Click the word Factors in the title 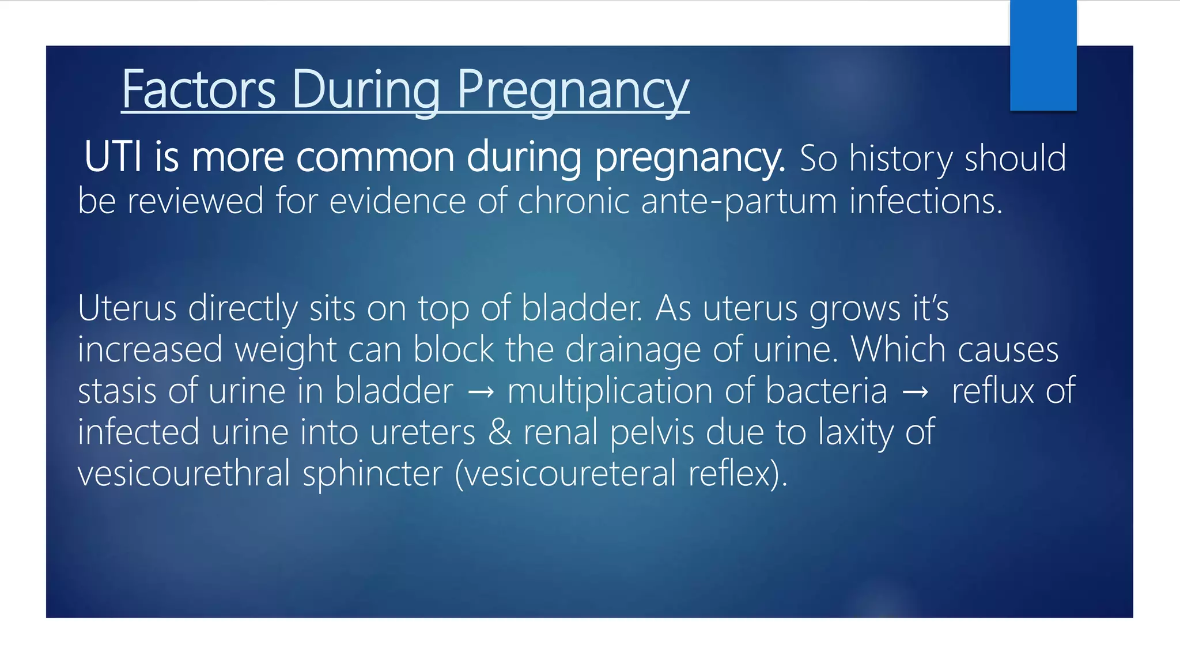[x=199, y=90]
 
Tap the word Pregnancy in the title [x=573, y=90]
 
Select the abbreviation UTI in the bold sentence [x=113, y=157]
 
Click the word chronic [x=573, y=202]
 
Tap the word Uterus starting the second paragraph [x=127, y=308]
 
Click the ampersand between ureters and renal [x=500, y=432]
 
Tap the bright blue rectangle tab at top [x=1043, y=55]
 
